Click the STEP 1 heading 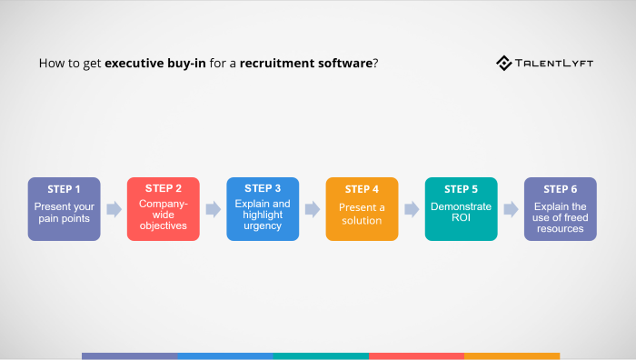[x=64, y=189]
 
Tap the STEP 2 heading [x=164, y=188]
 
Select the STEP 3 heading [x=263, y=188]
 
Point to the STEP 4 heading [x=362, y=189]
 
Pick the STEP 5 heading [x=461, y=189]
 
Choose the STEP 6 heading [x=560, y=189]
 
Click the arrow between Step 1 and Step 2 [x=114, y=209]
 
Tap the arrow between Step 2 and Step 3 [x=214, y=209]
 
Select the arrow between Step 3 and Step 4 [x=313, y=209]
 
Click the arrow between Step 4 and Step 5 [x=412, y=209]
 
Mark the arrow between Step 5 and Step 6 [x=511, y=209]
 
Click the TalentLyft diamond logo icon [x=504, y=63]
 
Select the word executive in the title [x=136, y=65]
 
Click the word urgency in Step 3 [x=263, y=226]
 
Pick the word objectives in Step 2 [x=164, y=225]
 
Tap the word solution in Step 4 [x=362, y=220]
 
